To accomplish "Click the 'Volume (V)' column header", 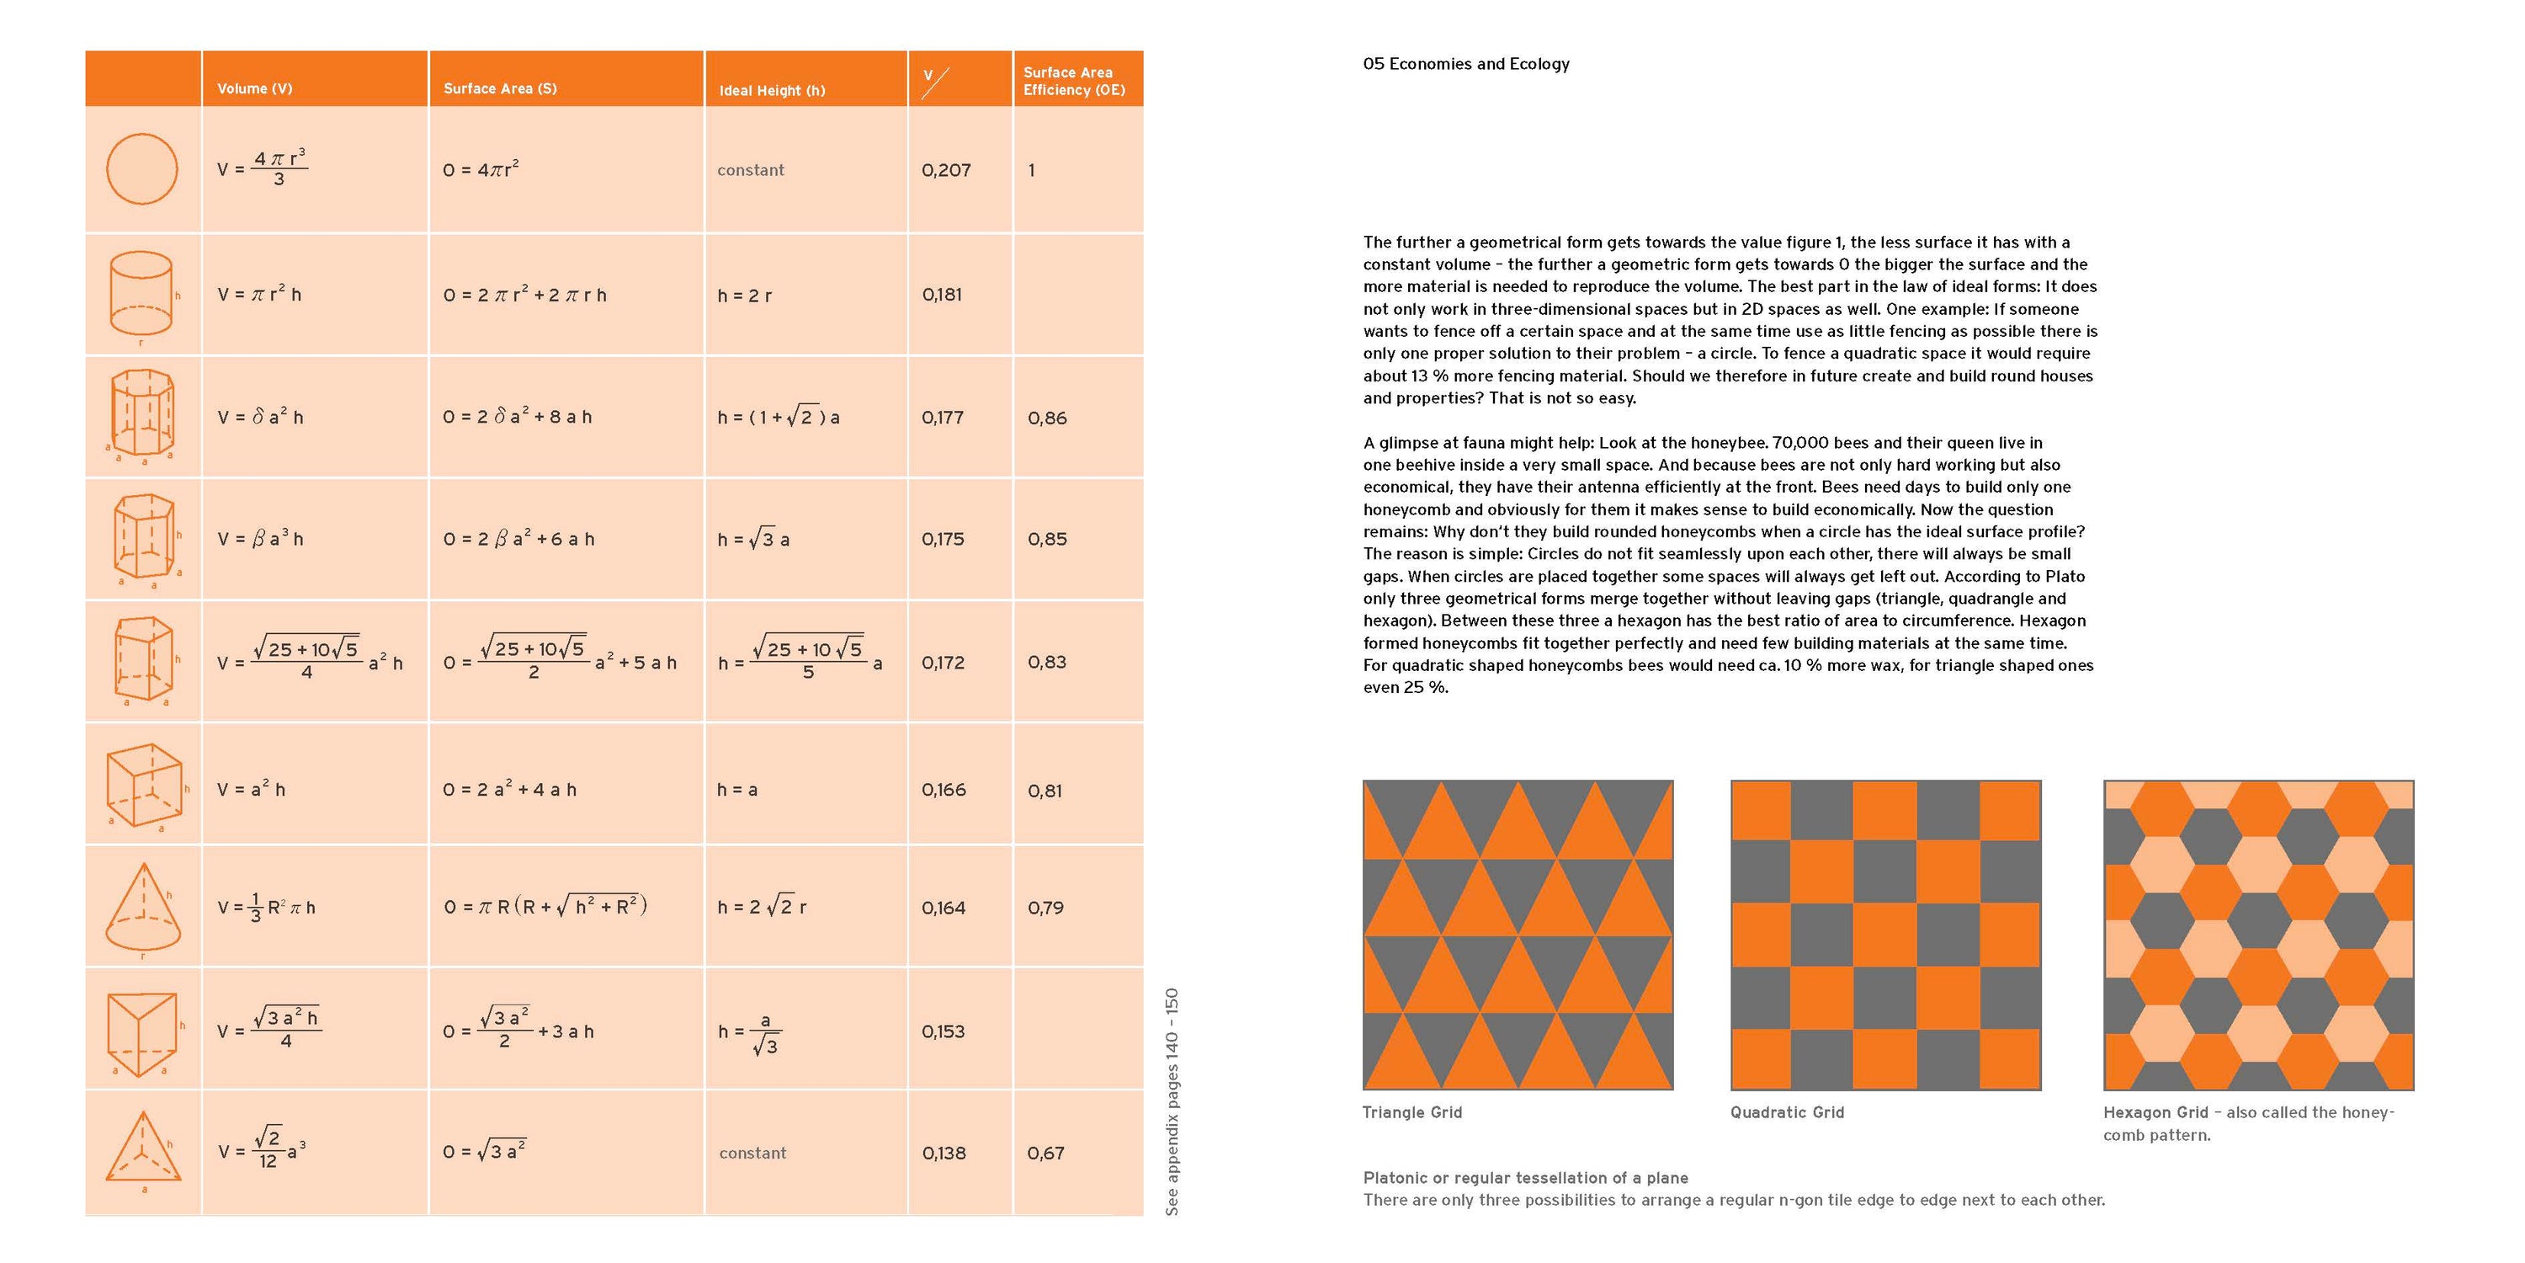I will click(255, 88).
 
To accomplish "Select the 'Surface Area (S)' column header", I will click(500, 88).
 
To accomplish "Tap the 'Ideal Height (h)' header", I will click(773, 90).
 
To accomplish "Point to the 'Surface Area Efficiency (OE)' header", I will click(1073, 80).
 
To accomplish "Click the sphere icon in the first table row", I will click(142, 168).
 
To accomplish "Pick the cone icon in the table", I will click(143, 907).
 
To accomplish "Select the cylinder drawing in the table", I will click(141, 293).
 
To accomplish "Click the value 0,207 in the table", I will click(946, 169).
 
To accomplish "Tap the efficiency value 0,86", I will click(1047, 418).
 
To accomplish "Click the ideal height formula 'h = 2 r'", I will click(745, 296).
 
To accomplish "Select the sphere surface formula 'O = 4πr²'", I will click(481, 169).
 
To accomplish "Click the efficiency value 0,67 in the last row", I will click(1045, 1154).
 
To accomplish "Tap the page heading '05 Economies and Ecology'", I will click(1465, 64).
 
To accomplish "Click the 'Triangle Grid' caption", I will click(1411, 1112).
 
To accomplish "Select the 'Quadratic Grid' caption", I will click(1787, 1112).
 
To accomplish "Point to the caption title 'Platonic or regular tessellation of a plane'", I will click(1525, 1178).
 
